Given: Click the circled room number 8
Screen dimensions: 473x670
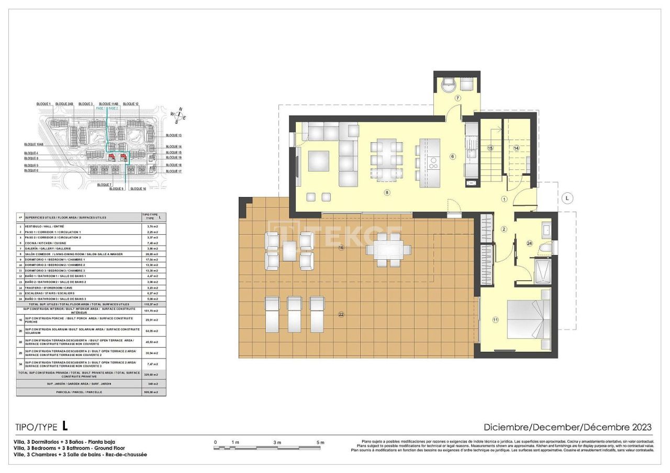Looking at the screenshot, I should click(x=387, y=192).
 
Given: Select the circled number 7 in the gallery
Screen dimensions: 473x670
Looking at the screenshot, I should click(x=457, y=98).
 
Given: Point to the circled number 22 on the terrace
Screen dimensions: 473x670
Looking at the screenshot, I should click(x=341, y=315).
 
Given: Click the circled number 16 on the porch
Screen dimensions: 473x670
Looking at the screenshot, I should click(x=341, y=247).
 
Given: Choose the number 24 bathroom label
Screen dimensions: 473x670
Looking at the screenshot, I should click(x=530, y=243).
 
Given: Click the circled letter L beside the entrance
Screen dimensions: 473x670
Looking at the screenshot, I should click(x=568, y=198).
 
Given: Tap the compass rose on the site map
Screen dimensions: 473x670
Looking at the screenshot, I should click(x=180, y=115).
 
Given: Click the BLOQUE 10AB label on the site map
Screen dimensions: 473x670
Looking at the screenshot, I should click(x=33, y=144).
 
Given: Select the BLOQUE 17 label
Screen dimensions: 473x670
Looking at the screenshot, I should click(x=173, y=171).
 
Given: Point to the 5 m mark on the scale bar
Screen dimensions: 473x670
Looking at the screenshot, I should click(x=320, y=443).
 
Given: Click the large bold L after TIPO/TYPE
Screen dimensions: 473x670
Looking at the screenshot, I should click(x=65, y=426).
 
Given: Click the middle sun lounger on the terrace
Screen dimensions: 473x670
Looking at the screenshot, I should click(x=295, y=314).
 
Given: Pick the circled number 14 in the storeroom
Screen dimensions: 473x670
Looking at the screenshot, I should click(x=516, y=148).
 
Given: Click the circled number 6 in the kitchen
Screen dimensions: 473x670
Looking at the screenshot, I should click(x=453, y=156).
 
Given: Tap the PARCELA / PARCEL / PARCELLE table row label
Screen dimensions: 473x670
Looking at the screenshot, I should click(x=79, y=391).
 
